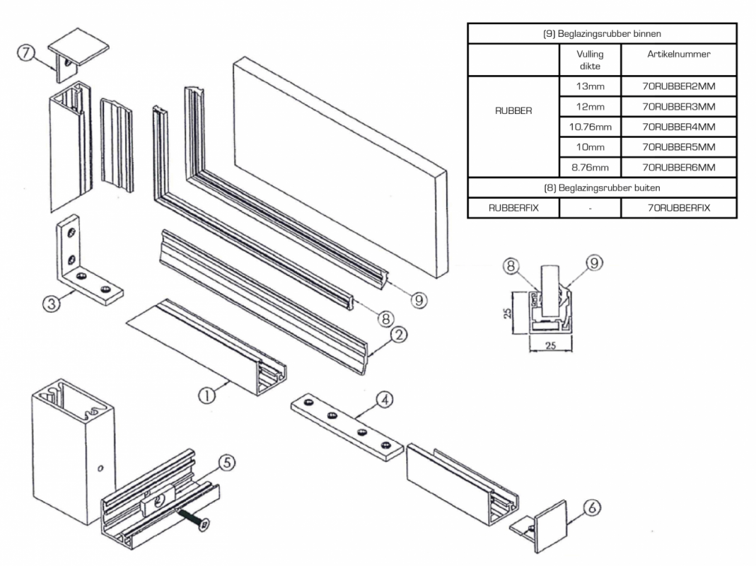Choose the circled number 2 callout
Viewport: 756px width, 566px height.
point(399,335)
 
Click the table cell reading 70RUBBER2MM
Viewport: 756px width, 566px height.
point(678,87)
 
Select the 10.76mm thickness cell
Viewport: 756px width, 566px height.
point(589,127)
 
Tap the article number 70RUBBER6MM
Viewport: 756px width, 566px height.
point(678,167)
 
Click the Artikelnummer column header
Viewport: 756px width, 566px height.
point(678,54)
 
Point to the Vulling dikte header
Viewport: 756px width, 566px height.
point(589,60)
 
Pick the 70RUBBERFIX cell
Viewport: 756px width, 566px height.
point(678,208)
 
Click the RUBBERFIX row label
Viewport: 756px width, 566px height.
point(513,208)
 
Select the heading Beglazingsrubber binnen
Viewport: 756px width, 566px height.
point(602,33)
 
